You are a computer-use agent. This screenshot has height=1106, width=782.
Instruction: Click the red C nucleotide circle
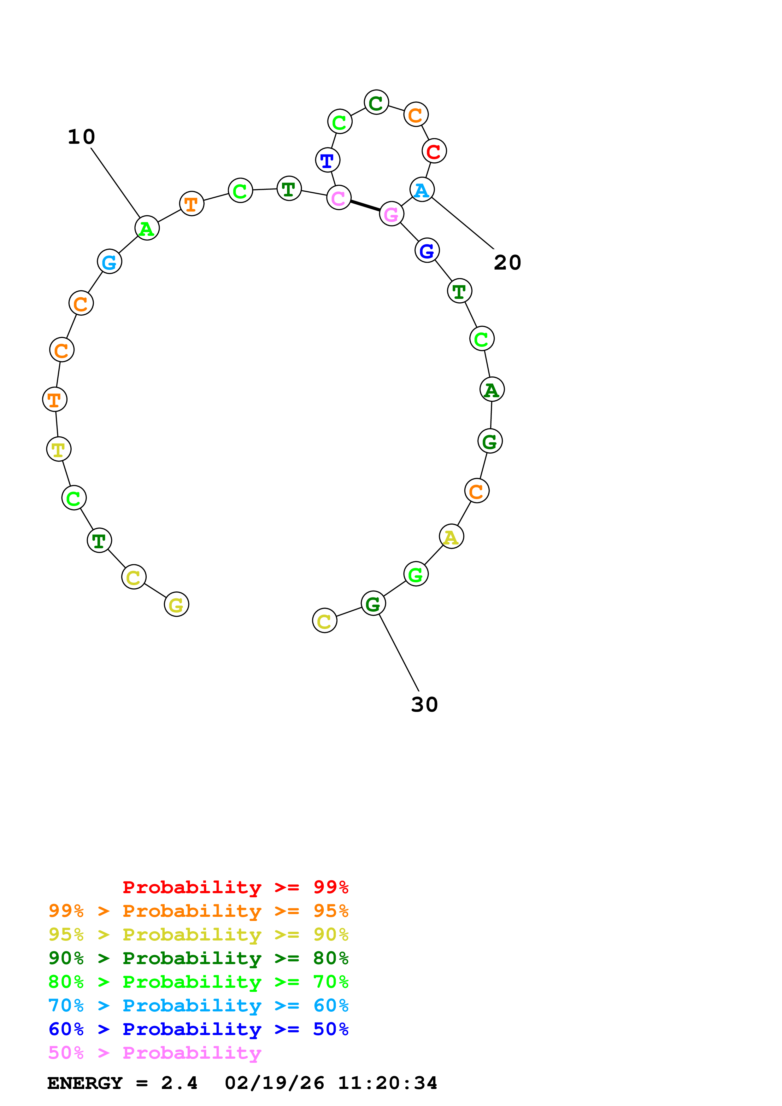click(x=434, y=151)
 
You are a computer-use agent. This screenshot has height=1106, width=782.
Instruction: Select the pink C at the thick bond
click(x=339, y=197)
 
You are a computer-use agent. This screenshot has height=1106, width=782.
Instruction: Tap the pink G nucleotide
click(x=391, y=214)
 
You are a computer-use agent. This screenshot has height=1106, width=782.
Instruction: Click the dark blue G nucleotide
click(x=427, y=250)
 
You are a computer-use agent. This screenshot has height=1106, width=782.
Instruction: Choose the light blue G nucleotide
click(x=109, y=262)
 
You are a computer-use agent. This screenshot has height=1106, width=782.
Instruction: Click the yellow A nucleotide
click(x=451, y=537)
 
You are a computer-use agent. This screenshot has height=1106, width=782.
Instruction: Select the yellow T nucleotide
click(x=59, y=450)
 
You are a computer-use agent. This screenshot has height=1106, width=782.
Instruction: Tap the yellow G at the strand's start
click(x=176, y=604)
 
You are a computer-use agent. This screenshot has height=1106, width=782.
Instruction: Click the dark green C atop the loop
click(x=376, y=102)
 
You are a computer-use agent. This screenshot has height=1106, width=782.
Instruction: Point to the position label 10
click(x=81, y=137)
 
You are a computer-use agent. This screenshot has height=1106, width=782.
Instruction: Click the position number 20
click(x=507, y=263)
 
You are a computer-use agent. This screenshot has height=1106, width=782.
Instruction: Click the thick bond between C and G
click(x=365, y=206)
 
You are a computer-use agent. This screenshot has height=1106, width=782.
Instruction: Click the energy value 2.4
click(x=179, y=1083)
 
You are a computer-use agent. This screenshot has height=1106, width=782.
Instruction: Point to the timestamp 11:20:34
click(x=387, y=1083)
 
